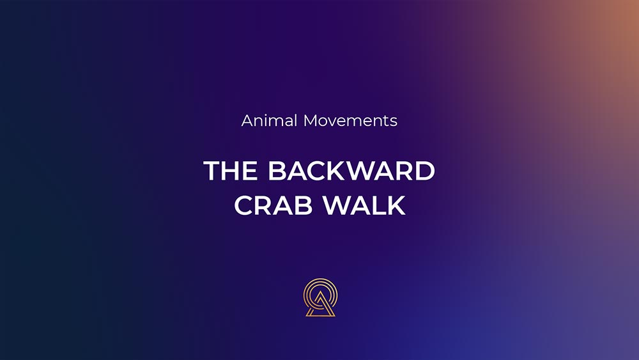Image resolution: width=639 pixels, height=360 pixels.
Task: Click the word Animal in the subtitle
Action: (x=269, y=121)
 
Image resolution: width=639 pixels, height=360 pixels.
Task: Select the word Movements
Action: (x=350, y=121)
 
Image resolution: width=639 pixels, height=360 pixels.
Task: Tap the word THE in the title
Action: (x=230, y=171)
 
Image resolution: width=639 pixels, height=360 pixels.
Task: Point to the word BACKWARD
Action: (x=351, y=171)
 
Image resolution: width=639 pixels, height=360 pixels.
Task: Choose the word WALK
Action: (x=365, y=205)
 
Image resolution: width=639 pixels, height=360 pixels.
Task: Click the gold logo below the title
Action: (x=320, y=297)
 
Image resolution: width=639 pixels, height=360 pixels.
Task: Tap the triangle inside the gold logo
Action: (x=320, y=305)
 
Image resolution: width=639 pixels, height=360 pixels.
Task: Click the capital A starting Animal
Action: (x=247, y=121)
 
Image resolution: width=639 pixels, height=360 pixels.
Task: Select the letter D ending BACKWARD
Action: (x=425, y=171)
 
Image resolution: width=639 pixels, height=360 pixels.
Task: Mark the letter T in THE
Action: (x=212, y=171)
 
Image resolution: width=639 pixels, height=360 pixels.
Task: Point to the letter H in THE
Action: (x=231, y=171)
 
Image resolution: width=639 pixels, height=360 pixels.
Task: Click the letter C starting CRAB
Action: (x=243, y=205)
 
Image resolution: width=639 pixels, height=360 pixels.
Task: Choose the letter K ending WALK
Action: (x=397, y=205)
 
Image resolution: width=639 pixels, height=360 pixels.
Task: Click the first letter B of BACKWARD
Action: (x=277, y=171)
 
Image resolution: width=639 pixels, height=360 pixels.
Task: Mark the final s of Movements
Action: (x=394, y=122)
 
